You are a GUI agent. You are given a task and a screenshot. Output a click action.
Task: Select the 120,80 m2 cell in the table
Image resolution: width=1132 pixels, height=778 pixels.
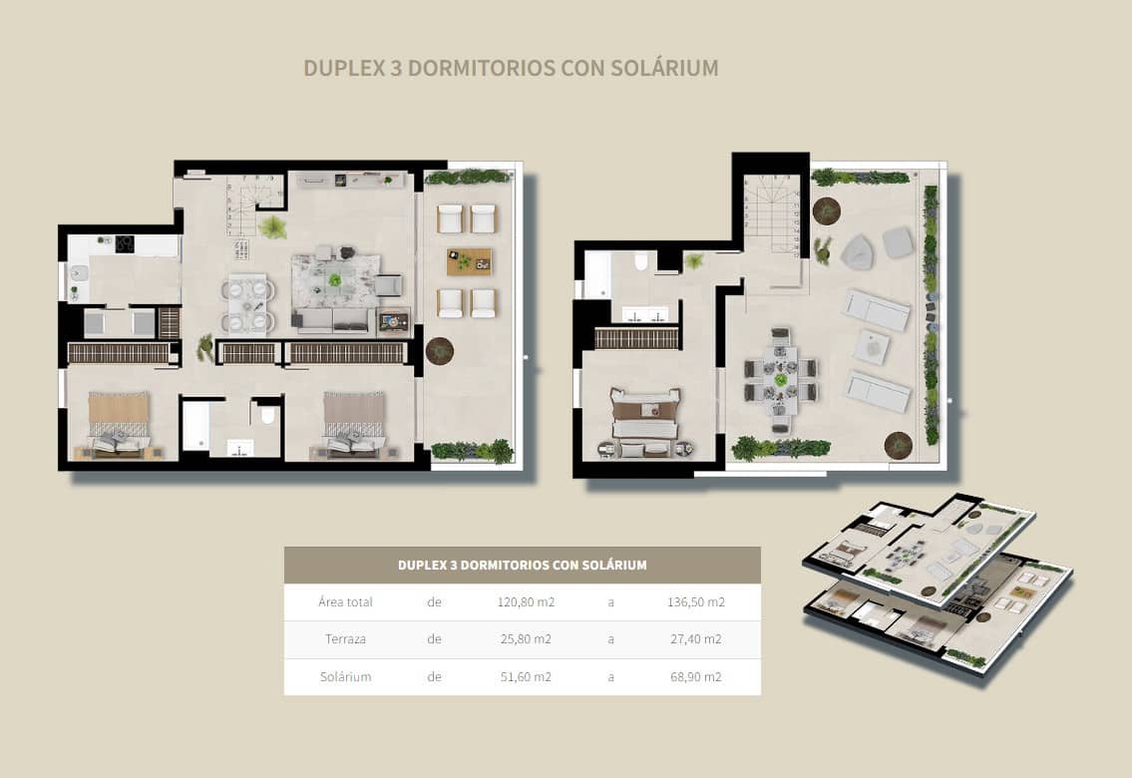(x=526, y=601)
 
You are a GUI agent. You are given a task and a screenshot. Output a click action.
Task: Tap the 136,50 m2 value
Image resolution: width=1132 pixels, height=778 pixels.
(x=695, y=601)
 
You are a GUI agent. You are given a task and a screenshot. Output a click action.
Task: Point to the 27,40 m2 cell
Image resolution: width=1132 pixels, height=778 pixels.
(x=695, y=639)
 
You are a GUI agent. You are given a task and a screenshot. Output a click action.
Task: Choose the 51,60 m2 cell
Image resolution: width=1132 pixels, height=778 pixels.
(x=526, y=676)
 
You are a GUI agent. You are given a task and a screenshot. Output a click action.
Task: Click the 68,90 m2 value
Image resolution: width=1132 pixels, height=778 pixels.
(x=695, y=676)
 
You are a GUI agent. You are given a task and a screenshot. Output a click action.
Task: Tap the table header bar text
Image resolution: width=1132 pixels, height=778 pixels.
(x=522, y=565)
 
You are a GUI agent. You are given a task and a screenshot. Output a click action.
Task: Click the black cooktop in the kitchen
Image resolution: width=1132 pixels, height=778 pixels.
(x=125, y=243)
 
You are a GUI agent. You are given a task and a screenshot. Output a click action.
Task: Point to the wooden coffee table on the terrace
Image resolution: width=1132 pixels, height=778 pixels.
(x=469, y=261)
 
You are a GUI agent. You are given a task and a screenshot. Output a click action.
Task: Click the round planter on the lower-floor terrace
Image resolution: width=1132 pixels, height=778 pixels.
(x=439, y=350)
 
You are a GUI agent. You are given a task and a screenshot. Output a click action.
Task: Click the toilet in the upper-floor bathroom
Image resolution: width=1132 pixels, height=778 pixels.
(x=640, y=262)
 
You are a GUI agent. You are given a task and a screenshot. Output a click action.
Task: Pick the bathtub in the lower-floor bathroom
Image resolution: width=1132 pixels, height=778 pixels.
(x=194, y=426)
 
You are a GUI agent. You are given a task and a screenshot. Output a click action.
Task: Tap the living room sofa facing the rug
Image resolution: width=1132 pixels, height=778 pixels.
(x=334, y=319)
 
